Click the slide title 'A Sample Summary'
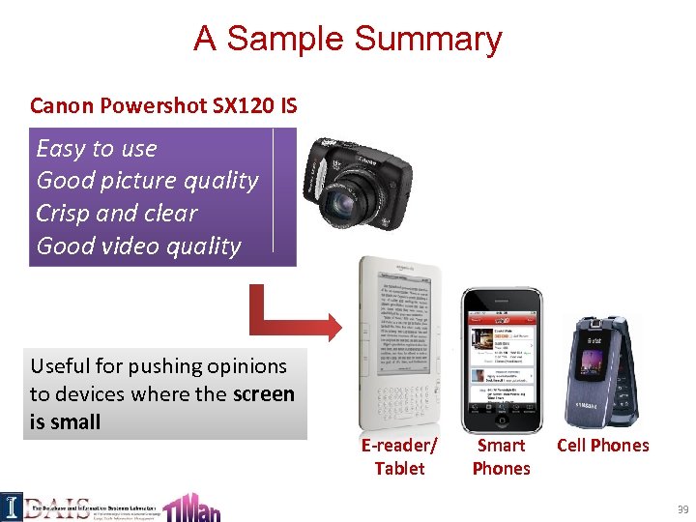[x=348, y=40]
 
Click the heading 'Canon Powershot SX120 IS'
[x=163, y=105]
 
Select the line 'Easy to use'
[x=96, y=149]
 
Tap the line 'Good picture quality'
[x=147, y=181]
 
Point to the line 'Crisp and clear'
[x=116, y=214]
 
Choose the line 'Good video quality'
[x=138, y=246]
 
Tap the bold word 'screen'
[x=264, y=394]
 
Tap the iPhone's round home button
[x=500, y=417]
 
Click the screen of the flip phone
[x=592, y=363]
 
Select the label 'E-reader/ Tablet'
[x=399, y=457]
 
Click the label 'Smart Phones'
[x=501, y=457]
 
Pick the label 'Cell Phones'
[x=603, y=446]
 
